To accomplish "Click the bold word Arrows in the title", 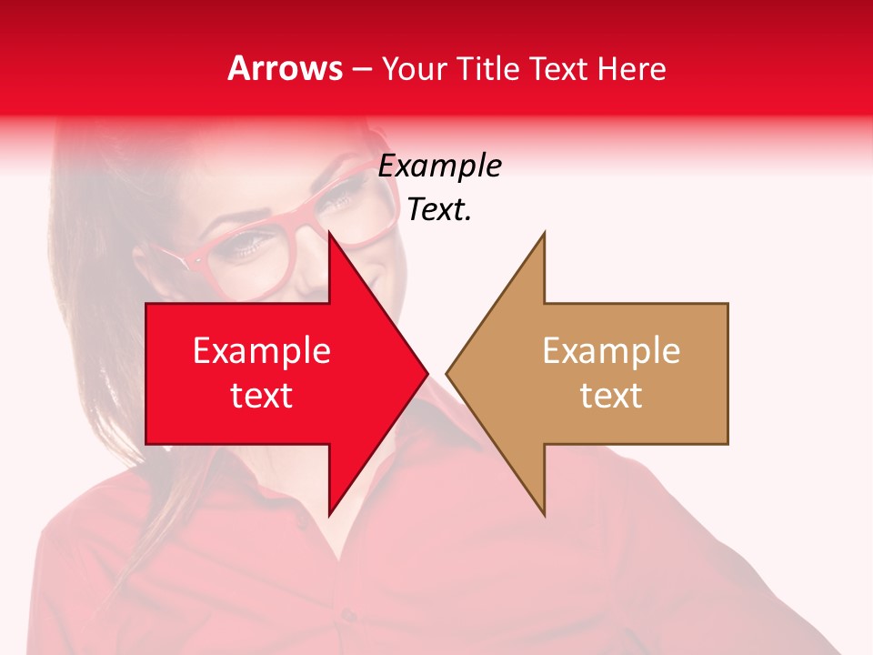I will pyautogui.click(x=286, y=68).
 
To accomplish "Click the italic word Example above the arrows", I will pyautogui.click(x=439, y=166).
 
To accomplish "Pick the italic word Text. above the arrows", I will pyautogui.click(x=439, y=210).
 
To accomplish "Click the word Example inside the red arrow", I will pyautogui.click(x=262, y=351).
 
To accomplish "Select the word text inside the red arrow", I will pyautogui.click(x=262, y=395).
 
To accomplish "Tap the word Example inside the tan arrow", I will pyautogui.click(x=611, y=351).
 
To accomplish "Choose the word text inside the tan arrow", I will pyautogui.click(x=611, y=395).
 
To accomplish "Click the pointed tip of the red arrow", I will pyautogui.click(x=426, y=373).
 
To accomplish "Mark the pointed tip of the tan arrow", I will pyautogui.click(x=447, y=373).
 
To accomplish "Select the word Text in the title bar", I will pyautogui.click(x=557, y=68).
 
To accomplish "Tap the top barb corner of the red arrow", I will pyautogui.click(x=329, y=233).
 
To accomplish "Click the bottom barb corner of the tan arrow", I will pyautogui.click(x=544, y=515).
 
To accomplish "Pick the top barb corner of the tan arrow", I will pyautogui.click(x=544, y=233).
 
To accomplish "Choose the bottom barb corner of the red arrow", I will pyautogui.click(x=329, y=515).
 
